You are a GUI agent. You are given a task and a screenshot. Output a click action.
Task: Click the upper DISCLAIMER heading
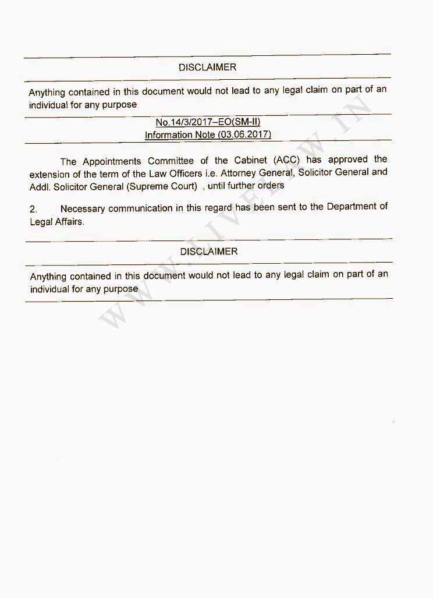[207, 68]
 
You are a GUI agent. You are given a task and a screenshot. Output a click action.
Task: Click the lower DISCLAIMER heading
[209, 252]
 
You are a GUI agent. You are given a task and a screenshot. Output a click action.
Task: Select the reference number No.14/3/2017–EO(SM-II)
[207, 122]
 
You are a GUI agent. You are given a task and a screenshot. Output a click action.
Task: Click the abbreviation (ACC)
[286, 160]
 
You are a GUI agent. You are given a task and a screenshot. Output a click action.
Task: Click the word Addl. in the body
[40, 186]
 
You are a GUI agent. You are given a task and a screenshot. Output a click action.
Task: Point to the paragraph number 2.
[33, 208]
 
